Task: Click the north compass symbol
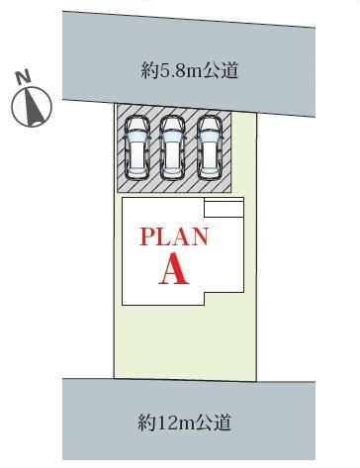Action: click(x=32, y=107)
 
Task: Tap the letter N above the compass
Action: click(x=22, y=75)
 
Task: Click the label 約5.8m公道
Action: click(x=189, y=71)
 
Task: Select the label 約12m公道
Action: click(x=185, y=424)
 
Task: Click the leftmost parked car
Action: click(x=135, y=146)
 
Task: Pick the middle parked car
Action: click(x=172, y=146)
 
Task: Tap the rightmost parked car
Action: click(x=209, y=146)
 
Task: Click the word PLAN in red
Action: click(x=173, y=237)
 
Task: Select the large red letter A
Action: click(x=174, y=269)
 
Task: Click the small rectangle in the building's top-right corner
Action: click(x=223, y=207)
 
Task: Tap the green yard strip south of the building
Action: click(x=185, y=341)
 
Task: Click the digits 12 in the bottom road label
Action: click(x=164, y=424)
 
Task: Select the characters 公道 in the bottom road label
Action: click(x=216, y=424)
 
